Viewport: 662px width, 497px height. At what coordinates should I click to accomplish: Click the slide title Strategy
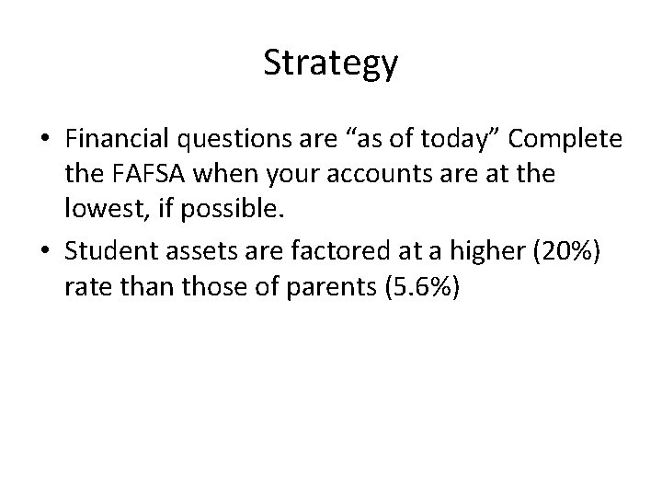(330, 64)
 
